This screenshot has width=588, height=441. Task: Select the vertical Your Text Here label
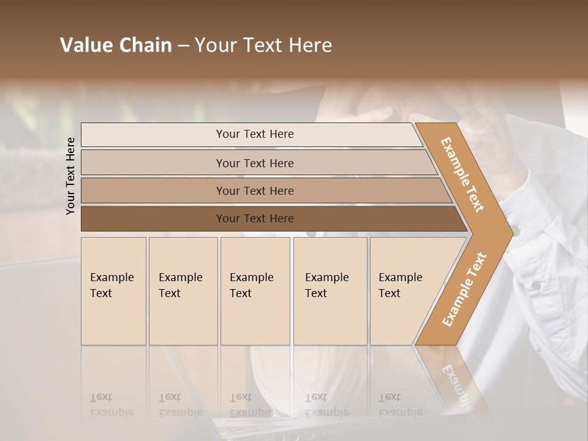70,176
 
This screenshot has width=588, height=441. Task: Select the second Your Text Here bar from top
255,163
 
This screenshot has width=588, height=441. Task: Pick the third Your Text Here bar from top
255,190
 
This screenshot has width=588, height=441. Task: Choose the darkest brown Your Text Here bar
255,219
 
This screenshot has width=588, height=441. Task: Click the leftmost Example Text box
113,291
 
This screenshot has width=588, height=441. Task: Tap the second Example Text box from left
183,291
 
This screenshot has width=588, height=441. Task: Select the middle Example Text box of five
255,291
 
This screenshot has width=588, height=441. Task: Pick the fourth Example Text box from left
330,291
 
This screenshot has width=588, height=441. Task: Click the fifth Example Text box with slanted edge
404,291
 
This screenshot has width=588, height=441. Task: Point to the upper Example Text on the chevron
463,175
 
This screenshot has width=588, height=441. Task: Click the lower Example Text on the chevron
464,289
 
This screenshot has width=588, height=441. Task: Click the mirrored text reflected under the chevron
456,386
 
